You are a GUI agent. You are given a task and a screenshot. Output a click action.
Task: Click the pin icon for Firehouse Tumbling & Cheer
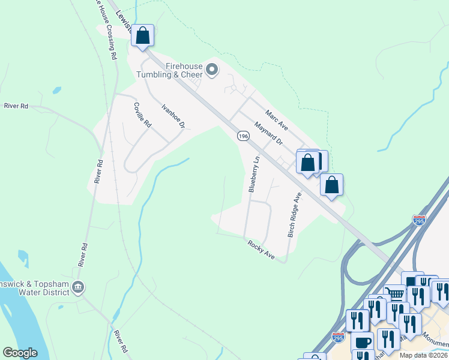tap(211, 70)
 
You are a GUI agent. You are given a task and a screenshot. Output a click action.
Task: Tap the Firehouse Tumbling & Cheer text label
tap(170, 70)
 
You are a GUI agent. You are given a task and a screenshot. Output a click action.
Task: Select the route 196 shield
tap(243, 136)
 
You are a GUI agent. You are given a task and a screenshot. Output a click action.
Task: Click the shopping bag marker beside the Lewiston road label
tap(143, 35)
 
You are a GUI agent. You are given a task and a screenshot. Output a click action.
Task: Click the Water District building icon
tap(78, 287)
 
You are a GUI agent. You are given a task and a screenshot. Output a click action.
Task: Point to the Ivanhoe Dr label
tap(173, 116)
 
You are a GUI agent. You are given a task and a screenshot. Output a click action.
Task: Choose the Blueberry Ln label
tap(254, 175)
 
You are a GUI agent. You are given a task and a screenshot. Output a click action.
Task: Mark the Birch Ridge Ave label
tap(294, 214)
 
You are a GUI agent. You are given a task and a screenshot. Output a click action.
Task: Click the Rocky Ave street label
tap(261, 250)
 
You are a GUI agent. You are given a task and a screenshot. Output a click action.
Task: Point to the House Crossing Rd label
tap(106, 29)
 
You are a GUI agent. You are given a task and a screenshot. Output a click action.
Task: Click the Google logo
tap(20, 353)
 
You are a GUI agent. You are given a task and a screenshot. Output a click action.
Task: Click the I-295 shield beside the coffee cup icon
tap(339, 338)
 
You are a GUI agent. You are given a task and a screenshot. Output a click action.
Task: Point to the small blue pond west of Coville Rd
tap(56, 91)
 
